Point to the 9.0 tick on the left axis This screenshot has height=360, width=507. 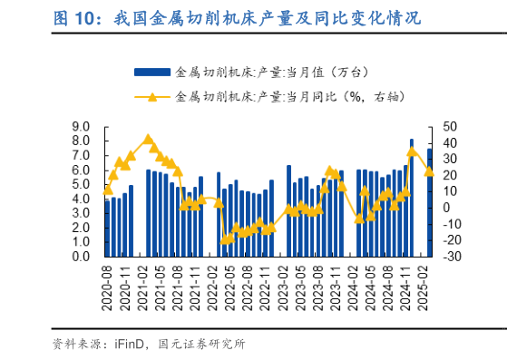pos(81,127)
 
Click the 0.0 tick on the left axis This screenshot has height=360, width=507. pos(81,257)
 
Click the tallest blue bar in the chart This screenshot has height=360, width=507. pos(412,198)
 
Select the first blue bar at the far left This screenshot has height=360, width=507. pos(108,228)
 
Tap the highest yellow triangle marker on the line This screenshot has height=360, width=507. pos(148,140)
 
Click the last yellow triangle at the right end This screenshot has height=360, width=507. pos(429,171)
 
